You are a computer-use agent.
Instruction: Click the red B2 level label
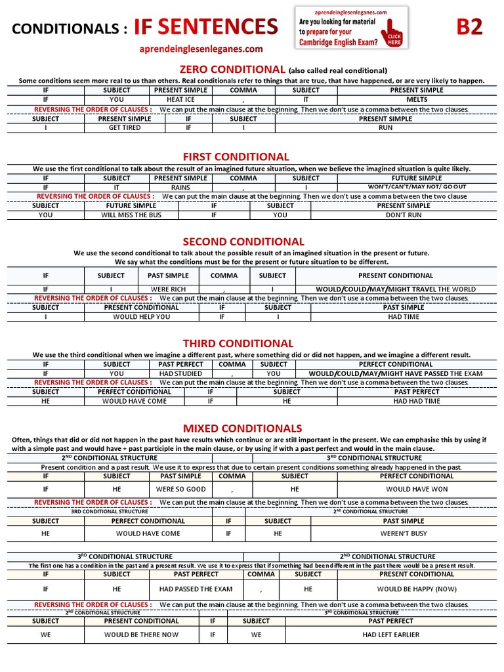[469, 27]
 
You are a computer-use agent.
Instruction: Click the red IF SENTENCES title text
[205, 27]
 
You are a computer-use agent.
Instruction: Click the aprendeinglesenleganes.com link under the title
[201, 49]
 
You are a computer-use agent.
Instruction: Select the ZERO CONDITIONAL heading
[232, 70]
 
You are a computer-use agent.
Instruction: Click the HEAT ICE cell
[180, 100]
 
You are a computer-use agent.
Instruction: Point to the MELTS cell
[417, 100]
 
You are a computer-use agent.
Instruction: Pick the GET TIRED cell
[125, 128]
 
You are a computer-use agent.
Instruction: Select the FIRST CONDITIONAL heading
[236, 157]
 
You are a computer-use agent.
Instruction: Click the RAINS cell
[180, 187]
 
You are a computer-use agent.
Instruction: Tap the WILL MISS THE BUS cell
[131, 215]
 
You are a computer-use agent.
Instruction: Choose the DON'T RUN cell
[404, 215]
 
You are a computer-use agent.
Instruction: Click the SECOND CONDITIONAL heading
[243, 241]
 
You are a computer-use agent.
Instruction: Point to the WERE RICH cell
[169, 289]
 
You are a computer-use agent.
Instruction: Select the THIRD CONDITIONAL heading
[238, 343]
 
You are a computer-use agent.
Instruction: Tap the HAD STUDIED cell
[180, 373]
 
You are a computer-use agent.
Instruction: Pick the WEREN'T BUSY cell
[404, 534]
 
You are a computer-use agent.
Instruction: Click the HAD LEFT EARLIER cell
[391, 635]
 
